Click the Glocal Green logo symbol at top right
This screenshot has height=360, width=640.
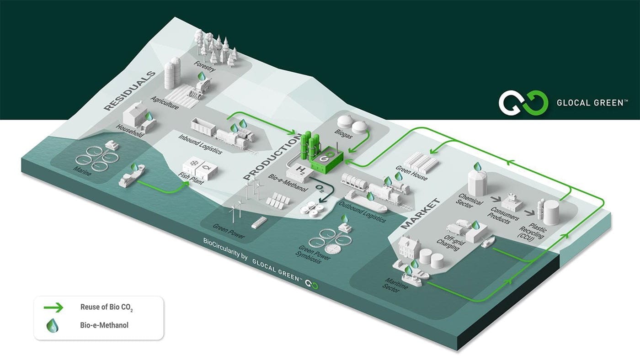pos(523,102)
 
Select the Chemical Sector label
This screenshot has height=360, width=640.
pos(470,201)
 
